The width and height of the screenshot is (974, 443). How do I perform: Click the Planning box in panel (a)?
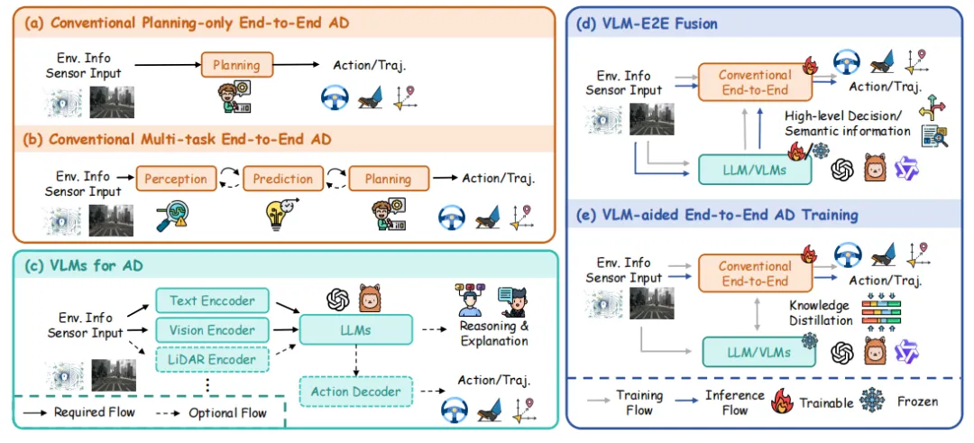click(x=236, y=65)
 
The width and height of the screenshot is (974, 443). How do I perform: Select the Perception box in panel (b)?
click(x=176, y=179)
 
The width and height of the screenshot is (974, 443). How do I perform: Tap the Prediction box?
click(x=282, y=179)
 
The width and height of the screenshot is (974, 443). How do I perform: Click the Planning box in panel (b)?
click(x=388, y=179)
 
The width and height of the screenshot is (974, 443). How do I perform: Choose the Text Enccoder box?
click(x=213, y=301)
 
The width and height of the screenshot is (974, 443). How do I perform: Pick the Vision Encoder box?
click(x=213, y=330)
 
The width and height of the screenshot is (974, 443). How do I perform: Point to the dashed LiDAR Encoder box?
click(x=213, y=359)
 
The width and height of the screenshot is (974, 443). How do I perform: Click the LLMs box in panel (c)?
click(x=356, y=330)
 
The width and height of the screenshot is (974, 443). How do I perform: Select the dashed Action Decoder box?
click(x=356, y=392)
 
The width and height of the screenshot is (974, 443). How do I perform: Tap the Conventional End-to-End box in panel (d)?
click(x=755, y=82)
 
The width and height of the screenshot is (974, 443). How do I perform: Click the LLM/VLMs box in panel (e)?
click(x=758, y=352)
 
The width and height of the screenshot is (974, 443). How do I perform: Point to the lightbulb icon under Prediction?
click(x=283, y=215)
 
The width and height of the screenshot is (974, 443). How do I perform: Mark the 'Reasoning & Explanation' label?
click(x=494, y=334)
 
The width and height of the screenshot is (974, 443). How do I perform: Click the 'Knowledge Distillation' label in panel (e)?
click(x=820, y=313)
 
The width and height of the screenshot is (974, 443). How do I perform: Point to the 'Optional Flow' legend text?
click(x=228, y=412)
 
